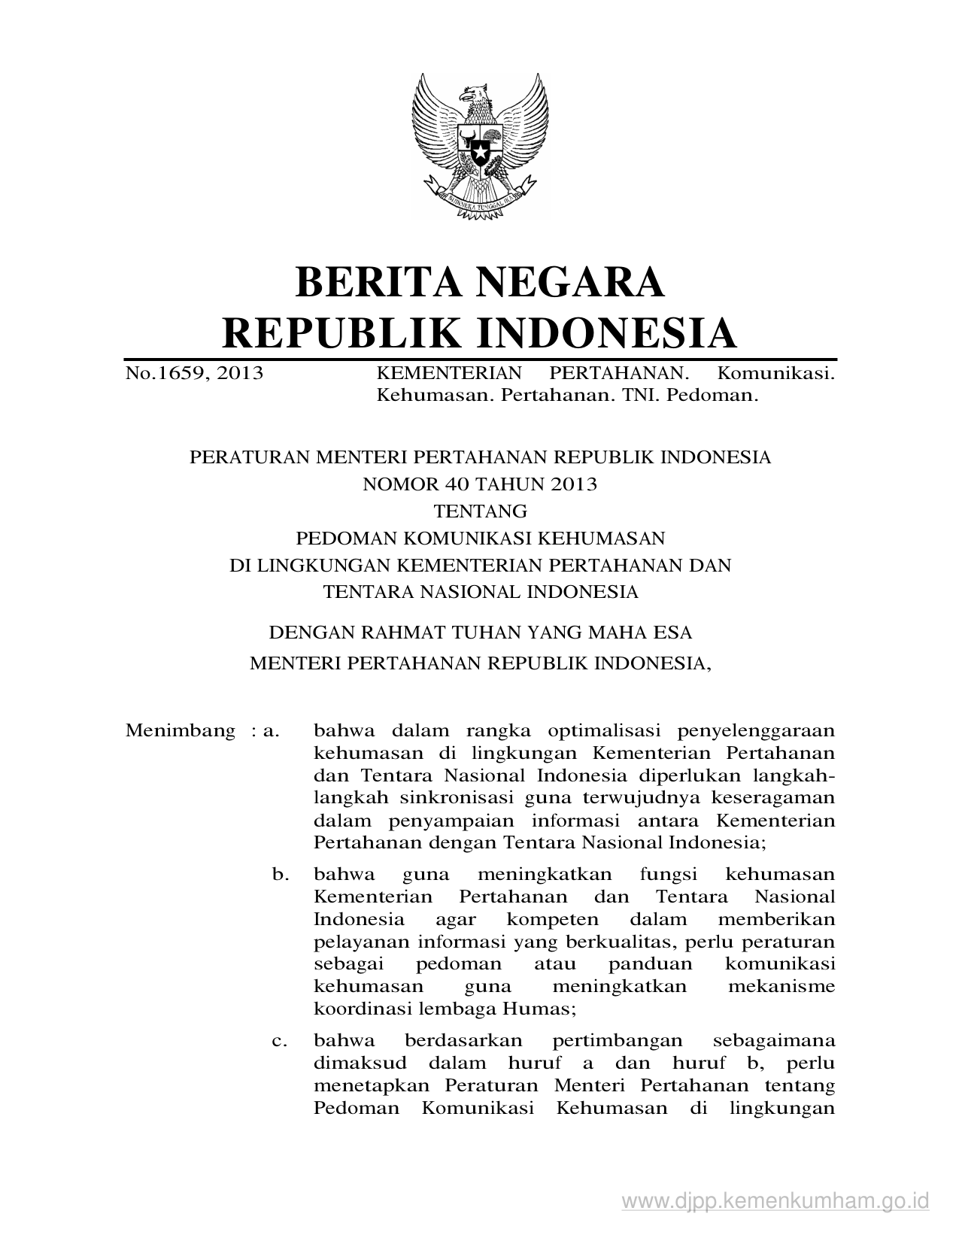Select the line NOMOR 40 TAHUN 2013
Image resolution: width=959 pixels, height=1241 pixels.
coord(480,484)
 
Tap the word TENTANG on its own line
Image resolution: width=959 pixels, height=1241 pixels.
coord(480,511)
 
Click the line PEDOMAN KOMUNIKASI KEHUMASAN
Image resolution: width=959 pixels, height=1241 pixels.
coord(480,538)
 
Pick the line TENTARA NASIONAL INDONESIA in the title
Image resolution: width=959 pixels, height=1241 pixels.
coord(480,592)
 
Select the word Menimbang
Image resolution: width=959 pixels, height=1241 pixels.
coord(181,730)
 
